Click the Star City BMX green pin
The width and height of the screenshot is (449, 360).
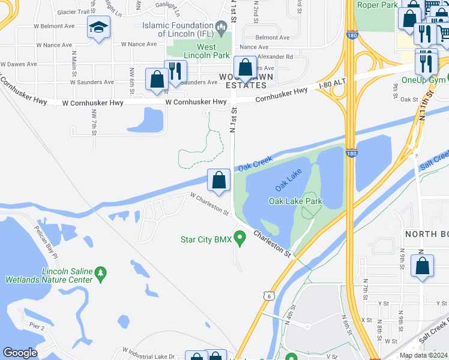point(240,239)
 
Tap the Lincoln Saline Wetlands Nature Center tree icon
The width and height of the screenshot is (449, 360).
point(101,274)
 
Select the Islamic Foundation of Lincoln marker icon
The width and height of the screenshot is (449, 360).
point(221,26)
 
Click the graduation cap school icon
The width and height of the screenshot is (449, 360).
point(98,26)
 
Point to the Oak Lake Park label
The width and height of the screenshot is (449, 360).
point(295,202)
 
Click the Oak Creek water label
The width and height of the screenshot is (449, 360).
point(255,163)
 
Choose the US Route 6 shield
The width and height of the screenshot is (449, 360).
point(267,295)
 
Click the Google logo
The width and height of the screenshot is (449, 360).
point(20,353)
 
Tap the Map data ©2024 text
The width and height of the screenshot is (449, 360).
point(423,355)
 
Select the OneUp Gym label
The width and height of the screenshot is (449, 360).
point(424,80)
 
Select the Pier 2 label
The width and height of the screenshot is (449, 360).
point(37,327)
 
